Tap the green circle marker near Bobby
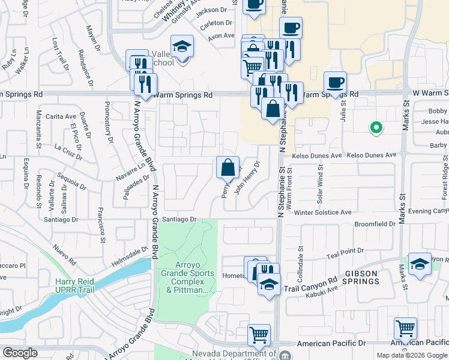[x=376, y=127]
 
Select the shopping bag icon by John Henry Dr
[x=228, y=168]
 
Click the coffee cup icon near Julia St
[x=335, y=83]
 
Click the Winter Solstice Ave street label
[x=322, y=212]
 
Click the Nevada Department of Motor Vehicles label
[x=234, y=354]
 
